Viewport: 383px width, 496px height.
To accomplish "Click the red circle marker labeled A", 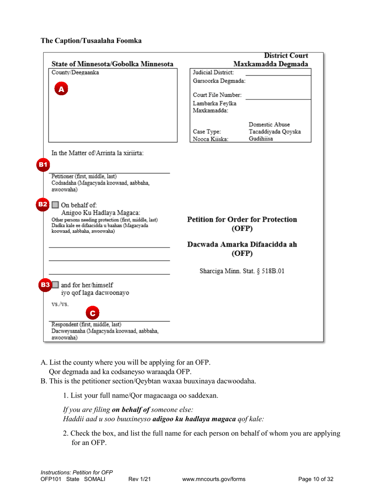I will tap(61, 89).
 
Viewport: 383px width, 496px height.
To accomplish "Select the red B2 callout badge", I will tap(43, 204).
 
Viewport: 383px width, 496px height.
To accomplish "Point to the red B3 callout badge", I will tap(45, 285).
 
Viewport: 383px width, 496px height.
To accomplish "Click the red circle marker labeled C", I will tap(93, 313).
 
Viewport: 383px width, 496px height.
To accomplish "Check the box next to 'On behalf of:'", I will tap(56, 204).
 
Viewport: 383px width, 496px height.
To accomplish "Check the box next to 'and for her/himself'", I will tap(56, 285).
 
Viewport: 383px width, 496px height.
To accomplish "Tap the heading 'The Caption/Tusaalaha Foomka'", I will tap(91, 41).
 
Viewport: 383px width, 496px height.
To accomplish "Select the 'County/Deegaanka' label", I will tap(75, 73).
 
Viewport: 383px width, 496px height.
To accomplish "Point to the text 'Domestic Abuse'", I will tap(269, 124).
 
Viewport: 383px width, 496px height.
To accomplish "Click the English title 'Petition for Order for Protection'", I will tap(242, 220).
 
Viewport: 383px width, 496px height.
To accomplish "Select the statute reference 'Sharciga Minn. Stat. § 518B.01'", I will tap(242, 271).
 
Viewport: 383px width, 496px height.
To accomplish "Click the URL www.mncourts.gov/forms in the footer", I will tap(214, 479).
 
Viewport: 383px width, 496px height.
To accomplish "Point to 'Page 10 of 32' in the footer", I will tap(316, 479).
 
